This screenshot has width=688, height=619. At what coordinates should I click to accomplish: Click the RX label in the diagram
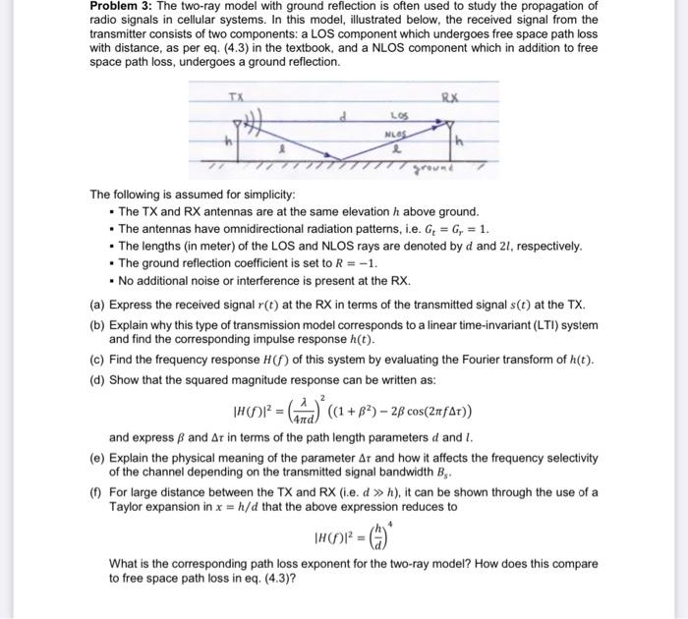click(x=449, y=98)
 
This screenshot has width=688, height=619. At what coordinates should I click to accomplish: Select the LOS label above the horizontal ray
click(x=399, y=117)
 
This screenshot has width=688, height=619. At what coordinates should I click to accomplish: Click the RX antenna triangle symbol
click(x=449, y=126)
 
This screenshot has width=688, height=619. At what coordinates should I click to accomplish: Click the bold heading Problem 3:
click(x=123, y=7)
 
